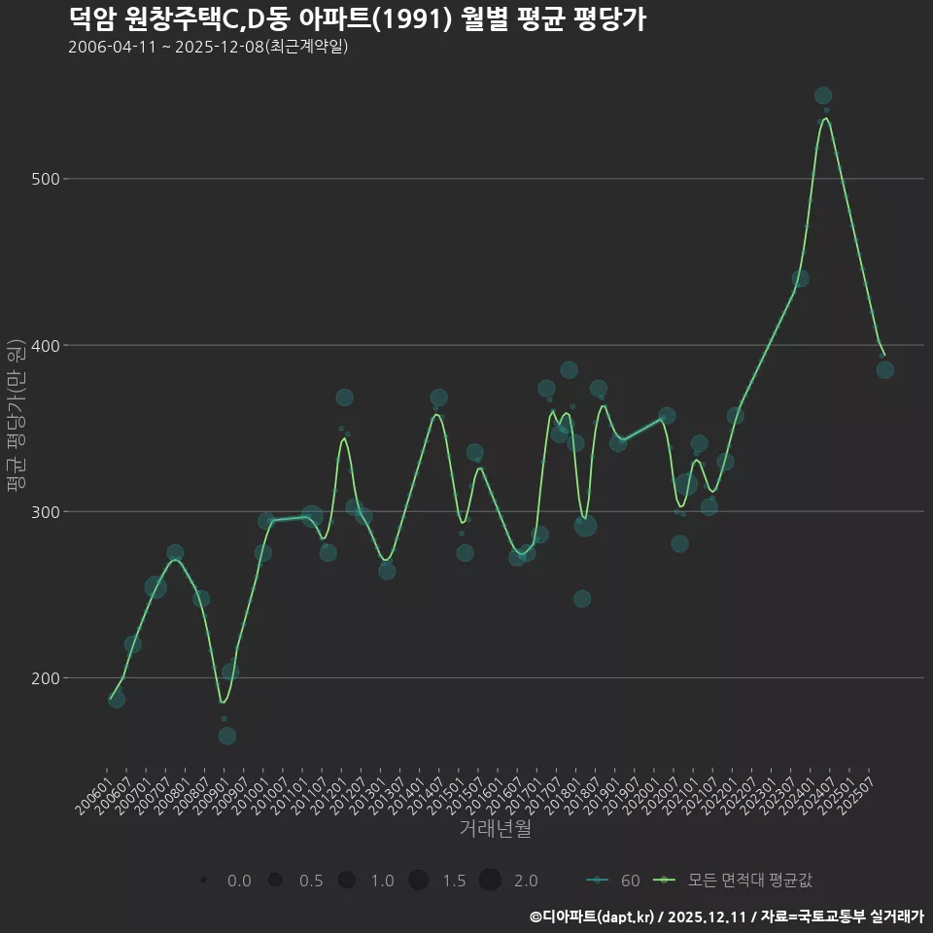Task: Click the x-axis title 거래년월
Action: click(x=495, y=829)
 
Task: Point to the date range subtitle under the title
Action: click(x=208, y=48)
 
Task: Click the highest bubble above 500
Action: click(x=823, y=95)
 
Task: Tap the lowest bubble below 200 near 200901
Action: click(x=226, y=736)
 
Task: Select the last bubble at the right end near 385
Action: click(x=884, y=369)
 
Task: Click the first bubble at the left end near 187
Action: click(x=117, y=699)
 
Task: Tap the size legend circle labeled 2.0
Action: click(x=490, y=881)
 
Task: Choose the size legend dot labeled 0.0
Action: click(x=203, y=881)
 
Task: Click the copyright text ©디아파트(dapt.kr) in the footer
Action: click(x=593, y=916)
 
